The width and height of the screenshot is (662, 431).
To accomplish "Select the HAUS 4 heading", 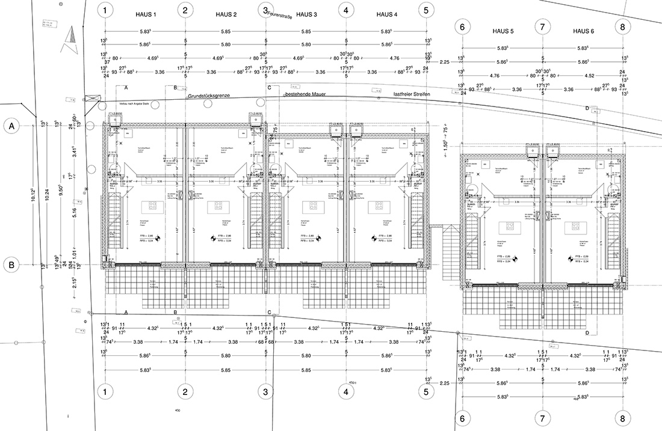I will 386,14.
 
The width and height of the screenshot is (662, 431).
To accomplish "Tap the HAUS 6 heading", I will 583,31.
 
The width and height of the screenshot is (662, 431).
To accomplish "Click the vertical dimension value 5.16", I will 73,211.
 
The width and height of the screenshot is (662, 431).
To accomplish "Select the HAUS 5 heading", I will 503,31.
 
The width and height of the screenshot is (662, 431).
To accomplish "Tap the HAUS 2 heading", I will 226,14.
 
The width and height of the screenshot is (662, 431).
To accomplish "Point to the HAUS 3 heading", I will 306,14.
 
